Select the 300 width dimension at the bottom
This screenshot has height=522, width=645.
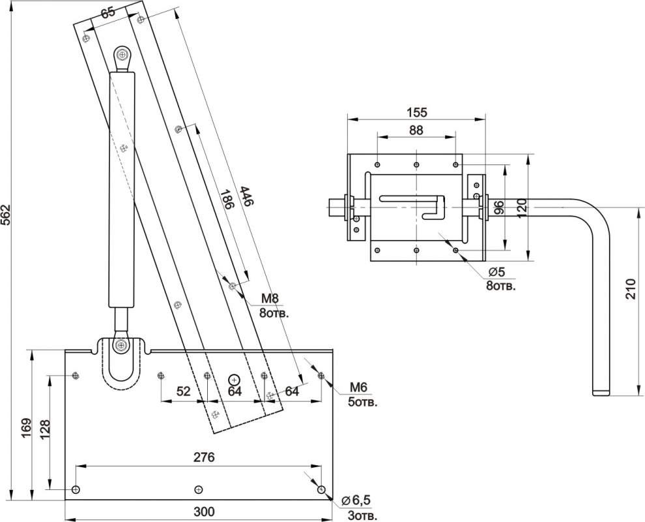click(205, 511)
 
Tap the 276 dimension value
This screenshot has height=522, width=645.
click(204, 457)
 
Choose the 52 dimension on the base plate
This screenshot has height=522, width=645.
click(183, 391)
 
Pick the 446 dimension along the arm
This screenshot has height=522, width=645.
click(246, 196)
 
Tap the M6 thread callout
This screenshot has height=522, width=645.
click(358, 388)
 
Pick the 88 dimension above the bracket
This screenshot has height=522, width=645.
click(416, 130)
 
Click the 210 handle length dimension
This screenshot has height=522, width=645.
click(629, 288)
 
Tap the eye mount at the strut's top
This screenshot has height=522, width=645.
click(121, 57)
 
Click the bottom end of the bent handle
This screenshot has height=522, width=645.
click(601, 392)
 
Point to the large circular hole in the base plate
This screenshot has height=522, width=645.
click(235, 380)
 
